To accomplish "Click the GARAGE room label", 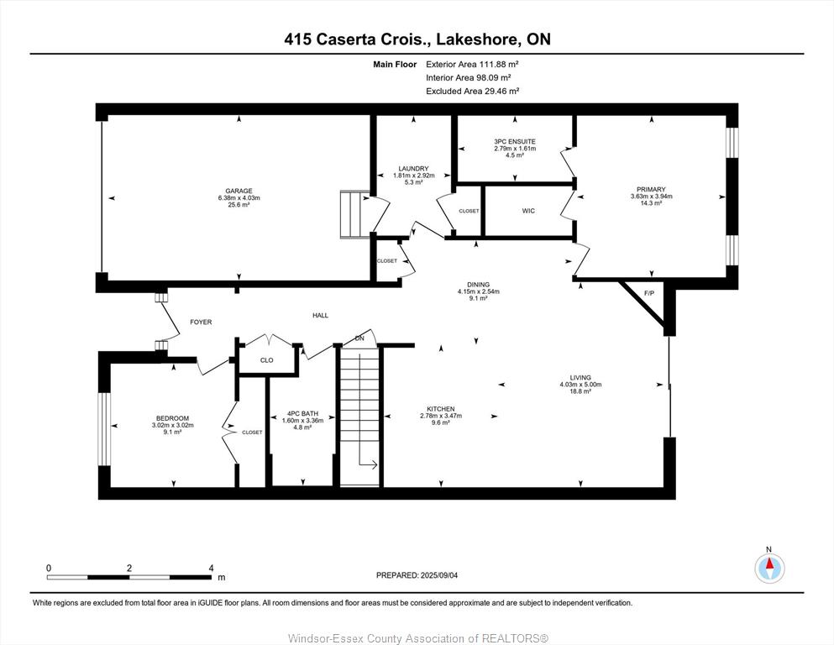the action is pos(239,191).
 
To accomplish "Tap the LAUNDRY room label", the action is pos(413,169).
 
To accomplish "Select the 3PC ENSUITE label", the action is pos(515,141).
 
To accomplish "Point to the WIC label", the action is pos(528,211).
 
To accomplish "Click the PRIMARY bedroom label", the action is pos(651,189).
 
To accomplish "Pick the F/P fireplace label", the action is pos(649,293).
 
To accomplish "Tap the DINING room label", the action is pos(478,285).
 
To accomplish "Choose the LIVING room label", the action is pos(580,378).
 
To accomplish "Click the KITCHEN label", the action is pos(441,409).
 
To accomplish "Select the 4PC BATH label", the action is pos(302,413).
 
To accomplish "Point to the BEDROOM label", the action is pos(172,418).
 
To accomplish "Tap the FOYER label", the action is pos(201,322).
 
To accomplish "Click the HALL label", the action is pos(320,315).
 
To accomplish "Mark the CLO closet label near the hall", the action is pos(266,360).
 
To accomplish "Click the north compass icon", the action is pos(769,569).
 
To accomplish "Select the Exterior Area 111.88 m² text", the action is pos(472,65).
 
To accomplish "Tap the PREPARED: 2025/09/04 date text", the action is pos(417,575).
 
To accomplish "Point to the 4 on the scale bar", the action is pos(212,568).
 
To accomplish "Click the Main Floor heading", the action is pos(395,65).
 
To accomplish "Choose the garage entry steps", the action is pos(354,214).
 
